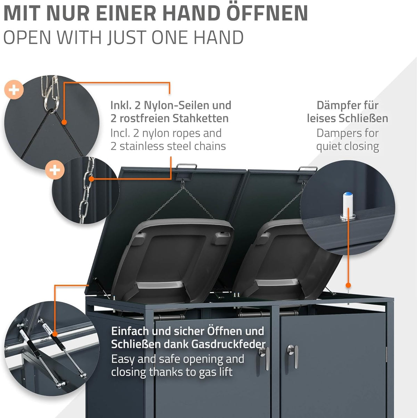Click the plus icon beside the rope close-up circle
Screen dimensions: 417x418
(14, 90)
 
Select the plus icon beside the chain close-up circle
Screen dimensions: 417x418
(55, 170)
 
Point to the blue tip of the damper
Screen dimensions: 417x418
(347, 194)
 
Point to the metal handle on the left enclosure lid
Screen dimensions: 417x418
(186, 167)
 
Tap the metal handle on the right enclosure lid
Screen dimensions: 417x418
(308, 170)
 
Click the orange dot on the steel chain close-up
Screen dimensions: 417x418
(91, 179)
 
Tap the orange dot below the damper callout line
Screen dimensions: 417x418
(348, 285)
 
